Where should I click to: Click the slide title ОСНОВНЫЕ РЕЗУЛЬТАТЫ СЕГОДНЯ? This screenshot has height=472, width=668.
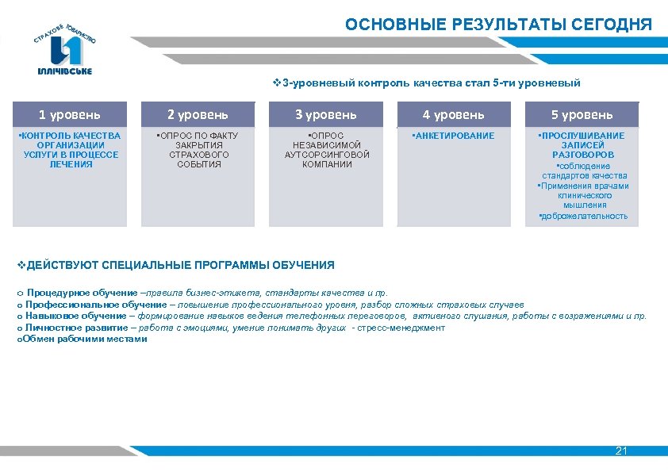point(498,25)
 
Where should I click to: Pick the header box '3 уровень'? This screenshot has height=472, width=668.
point(326,115)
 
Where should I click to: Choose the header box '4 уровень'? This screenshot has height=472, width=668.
point(454,115)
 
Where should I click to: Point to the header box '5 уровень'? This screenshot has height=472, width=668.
point(582,115)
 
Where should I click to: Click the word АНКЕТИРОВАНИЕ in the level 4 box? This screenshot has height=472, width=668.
point(455,136)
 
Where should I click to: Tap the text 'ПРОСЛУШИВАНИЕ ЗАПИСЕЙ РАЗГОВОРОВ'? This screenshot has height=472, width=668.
point(582,145)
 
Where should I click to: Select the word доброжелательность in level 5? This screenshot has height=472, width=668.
point(584,216)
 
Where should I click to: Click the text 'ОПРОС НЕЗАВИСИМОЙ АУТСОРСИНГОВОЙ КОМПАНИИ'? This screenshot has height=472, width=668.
point(326,150)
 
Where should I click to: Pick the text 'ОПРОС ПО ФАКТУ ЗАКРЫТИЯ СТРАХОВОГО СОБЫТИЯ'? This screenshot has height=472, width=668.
point(198,150)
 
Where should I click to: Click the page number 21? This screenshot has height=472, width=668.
point(621,451)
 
